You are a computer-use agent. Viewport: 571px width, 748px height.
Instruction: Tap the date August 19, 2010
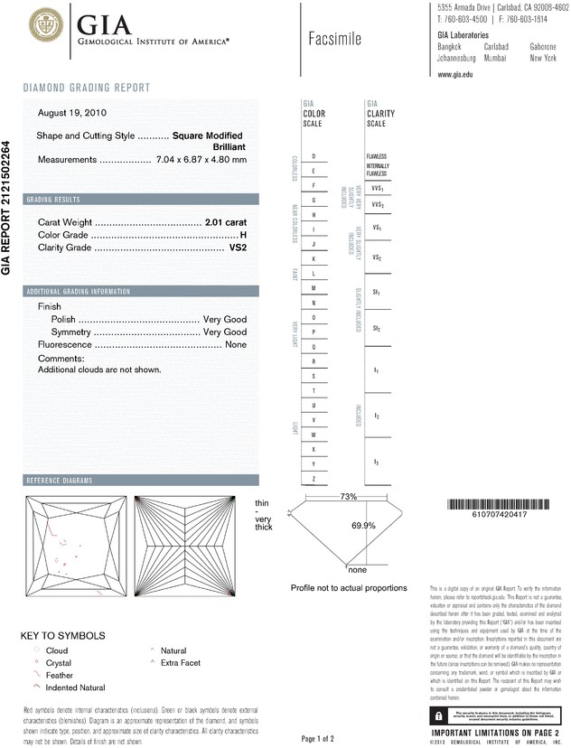point(68,113)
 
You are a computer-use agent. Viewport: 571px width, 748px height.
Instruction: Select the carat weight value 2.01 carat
point(226,221)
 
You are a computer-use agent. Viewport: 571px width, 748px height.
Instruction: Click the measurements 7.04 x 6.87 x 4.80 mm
point(201,160)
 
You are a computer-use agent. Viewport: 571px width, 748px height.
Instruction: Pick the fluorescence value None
point(236,345)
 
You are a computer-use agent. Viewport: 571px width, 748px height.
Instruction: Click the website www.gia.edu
point(457,74)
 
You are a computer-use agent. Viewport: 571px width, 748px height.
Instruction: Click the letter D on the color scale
point(314,156)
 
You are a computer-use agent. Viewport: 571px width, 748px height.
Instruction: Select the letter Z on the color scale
point(314,478)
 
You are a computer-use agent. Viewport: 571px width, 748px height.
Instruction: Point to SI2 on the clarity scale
point(376,330)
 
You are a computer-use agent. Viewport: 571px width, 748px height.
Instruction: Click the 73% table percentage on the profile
point(347,498)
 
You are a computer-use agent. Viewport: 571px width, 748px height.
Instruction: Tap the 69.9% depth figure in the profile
point(363,526)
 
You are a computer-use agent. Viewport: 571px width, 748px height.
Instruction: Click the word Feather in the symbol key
point(61,675)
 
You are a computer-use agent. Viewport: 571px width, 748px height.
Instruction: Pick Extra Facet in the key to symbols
point(180,662)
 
